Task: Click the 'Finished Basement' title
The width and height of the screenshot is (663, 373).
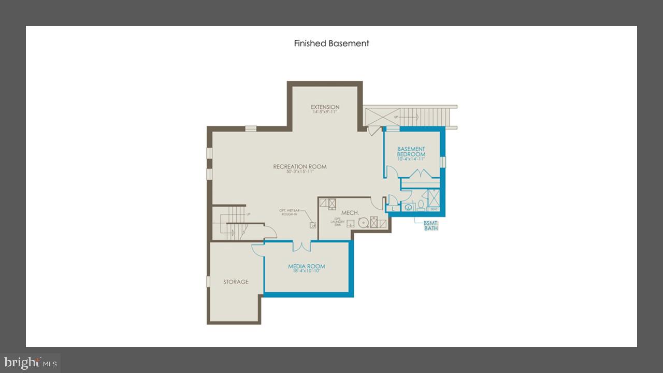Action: tap(331, 44)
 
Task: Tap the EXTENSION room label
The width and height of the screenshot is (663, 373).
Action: tap(325, 107)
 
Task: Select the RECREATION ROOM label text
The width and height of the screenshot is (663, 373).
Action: tap(300, 167)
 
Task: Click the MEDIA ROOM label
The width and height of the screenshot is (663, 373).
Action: tap(307, 266)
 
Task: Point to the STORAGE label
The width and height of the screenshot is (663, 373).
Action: tap(236, 282)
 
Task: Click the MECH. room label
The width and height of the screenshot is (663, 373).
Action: tap(350, 213)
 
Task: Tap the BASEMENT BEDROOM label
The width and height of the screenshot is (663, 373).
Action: tap(411, 152)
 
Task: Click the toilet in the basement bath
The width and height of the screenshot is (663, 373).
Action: tap(421, 206)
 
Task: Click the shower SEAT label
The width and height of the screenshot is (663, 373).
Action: tap(434, 209)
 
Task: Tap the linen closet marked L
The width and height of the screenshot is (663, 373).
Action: tap(394, 208)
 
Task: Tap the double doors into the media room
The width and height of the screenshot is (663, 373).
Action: tap(301, 246)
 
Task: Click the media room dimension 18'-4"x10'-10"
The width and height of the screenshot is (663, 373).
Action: tap(307, 271)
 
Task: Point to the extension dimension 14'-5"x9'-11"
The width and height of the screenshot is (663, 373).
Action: tap(325, 112)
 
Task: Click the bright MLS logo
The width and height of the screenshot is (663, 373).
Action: tap(30, 363)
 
